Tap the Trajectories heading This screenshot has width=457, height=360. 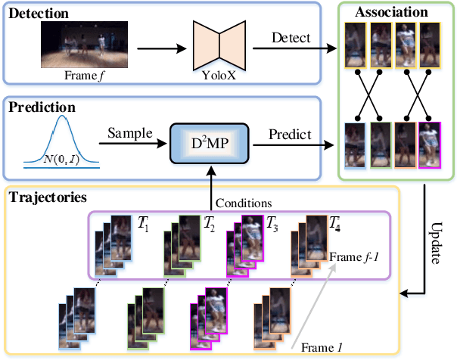(x=47, y=197)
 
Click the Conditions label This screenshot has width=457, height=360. (x=244, y=202)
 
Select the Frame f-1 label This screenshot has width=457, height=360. (x=353, y=257)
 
